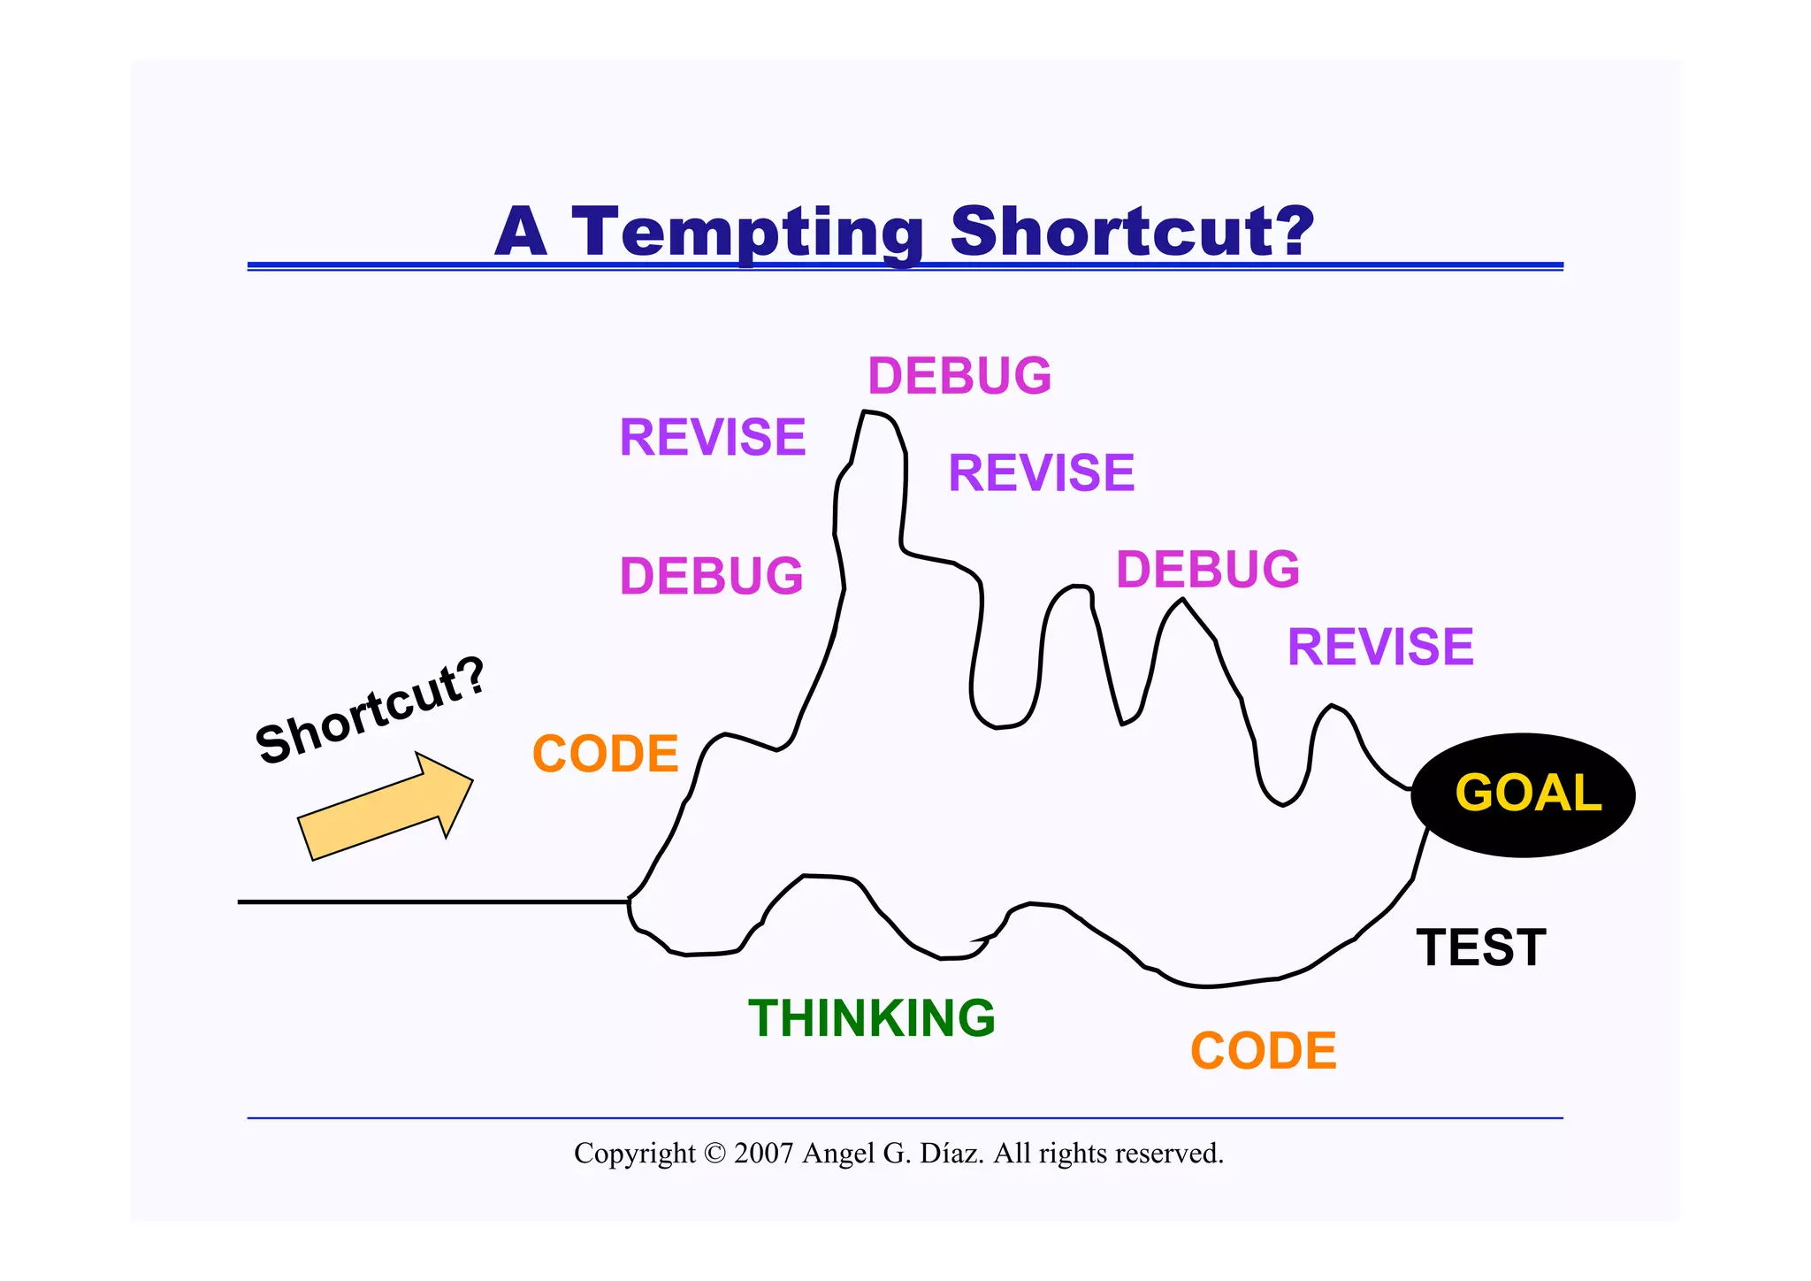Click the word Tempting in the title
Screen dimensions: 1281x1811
[747, 232]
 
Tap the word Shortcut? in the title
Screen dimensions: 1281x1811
[1132, 232]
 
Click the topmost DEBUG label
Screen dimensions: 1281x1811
[959, 376]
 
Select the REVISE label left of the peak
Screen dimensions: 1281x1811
[713, 437]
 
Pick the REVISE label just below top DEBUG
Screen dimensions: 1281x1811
[1041, 472]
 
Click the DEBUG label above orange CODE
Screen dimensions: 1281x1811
[711, 576]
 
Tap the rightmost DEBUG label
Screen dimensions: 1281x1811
[1207, 569]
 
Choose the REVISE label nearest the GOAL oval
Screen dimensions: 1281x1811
[1379, 647]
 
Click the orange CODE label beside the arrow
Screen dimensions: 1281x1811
[605, 754]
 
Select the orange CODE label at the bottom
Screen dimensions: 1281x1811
[1263, 1051]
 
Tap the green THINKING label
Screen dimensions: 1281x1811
[871, 1017]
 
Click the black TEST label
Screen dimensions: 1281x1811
[1480, 947]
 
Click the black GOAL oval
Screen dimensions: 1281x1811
[1523, 794]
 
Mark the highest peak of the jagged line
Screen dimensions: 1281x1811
[871, 414]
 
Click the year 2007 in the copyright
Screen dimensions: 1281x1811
[763, 1154]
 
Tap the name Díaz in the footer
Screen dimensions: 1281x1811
[951, 1154]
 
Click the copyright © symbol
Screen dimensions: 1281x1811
[714, 1154]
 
